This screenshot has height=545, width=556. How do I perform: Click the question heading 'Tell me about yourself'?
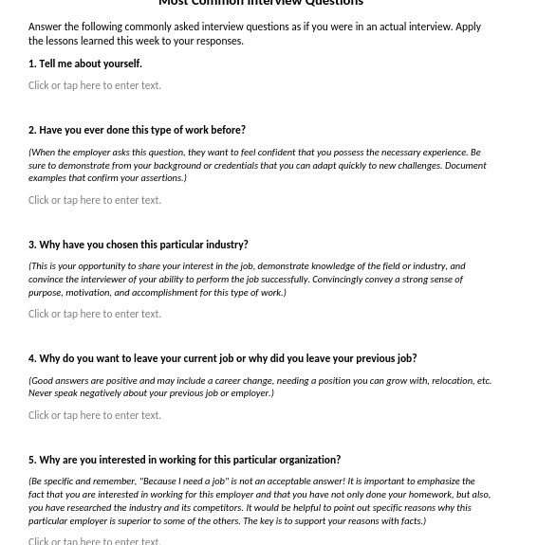90,64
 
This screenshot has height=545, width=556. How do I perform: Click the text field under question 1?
94,85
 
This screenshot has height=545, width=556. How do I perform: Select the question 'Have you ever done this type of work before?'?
141,130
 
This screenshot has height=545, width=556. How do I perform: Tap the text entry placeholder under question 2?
94,200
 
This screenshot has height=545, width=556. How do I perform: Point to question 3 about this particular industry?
143,245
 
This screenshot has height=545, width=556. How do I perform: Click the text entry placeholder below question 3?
94,314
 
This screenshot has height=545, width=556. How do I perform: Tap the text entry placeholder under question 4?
94,415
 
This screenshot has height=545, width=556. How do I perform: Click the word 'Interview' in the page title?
274,3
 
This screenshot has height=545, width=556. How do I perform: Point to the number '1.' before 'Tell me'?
32,64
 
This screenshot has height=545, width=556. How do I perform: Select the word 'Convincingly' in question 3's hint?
339,280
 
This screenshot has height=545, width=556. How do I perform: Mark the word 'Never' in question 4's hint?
41,393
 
